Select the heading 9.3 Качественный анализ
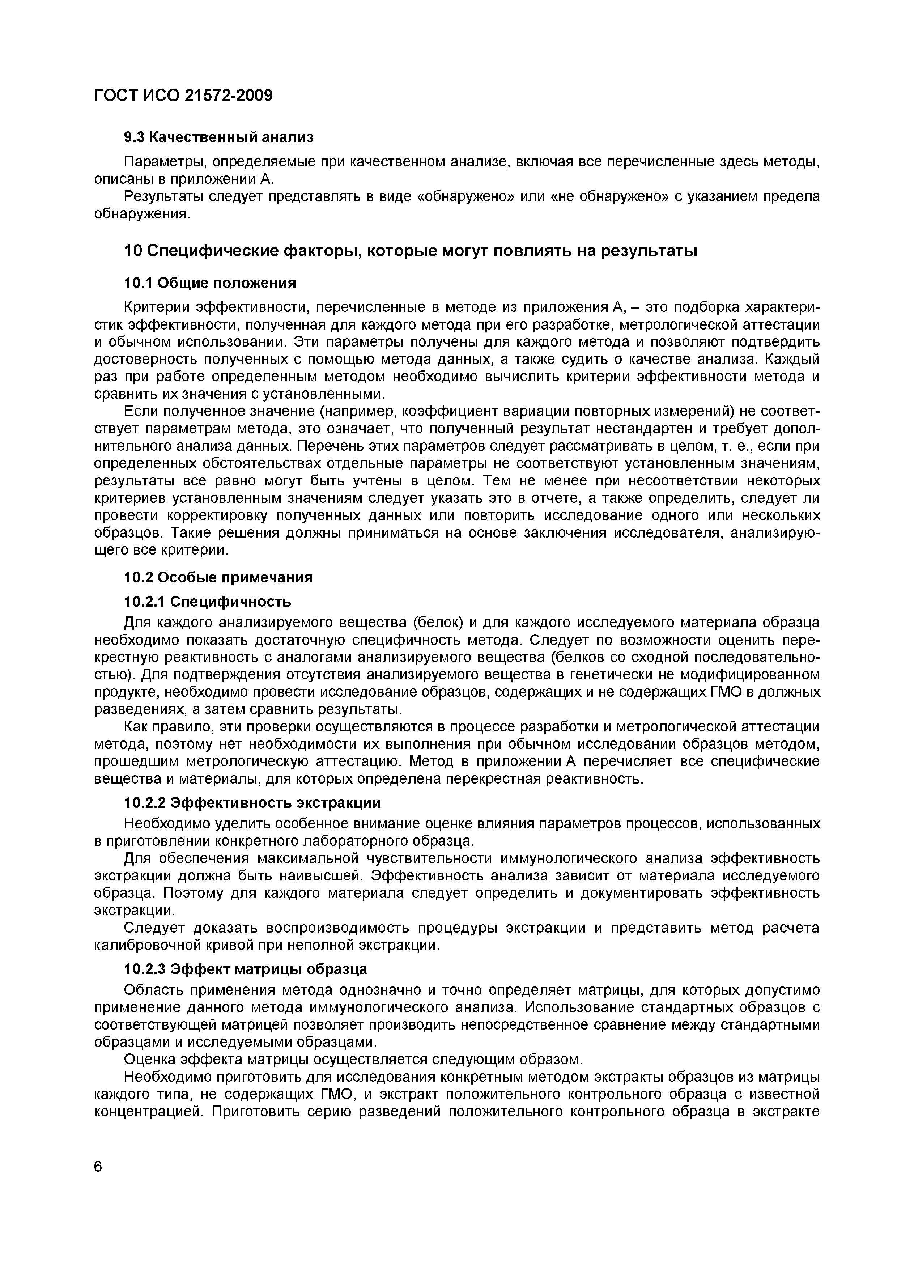coord(218,136)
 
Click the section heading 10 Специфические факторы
coord(410,251)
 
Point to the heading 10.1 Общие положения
coord(210,283)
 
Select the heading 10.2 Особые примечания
coord(218,577)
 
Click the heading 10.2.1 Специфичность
coord(207,601)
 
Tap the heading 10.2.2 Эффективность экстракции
coord(252,802)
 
